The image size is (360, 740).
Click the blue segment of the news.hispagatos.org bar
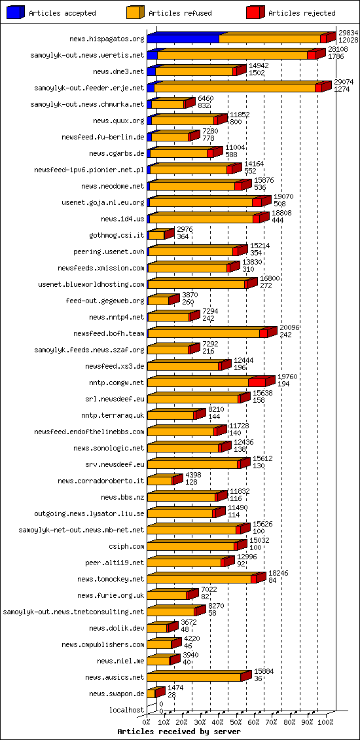click(183, 39)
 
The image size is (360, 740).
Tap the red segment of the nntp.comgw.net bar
click(257, 382)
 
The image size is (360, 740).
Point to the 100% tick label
click(325, 722)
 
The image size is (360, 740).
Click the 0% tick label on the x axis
click(147, 722)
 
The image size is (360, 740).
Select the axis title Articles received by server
click(179, 731)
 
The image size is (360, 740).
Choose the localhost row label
click(127, 710)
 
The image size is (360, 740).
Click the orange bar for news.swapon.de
click(151, 694)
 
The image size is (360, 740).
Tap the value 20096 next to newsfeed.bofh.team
click(289, 327)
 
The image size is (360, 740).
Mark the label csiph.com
click(126, 546)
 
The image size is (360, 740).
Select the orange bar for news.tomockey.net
click(199, 579)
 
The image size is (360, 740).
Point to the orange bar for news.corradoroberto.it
click(160, 481)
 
